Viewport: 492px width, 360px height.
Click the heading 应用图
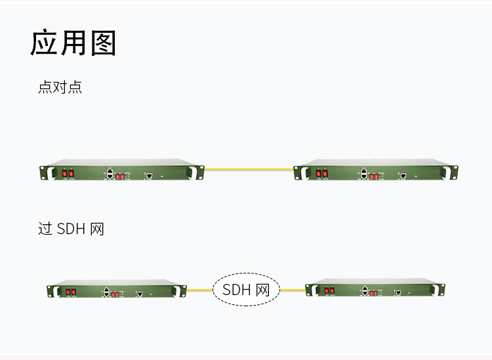click(x=73, y=43)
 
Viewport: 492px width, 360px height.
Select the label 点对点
click(x=60, y=87)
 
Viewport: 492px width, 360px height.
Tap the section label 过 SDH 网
click(x=71, y=229)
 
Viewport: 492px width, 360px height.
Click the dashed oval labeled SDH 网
click(x=246, y=289)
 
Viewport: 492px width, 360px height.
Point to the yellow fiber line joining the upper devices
click(x=249, y=169)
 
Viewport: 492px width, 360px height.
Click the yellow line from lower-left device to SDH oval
click(x=200, y=290)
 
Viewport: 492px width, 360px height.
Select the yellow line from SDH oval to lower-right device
click(x=293, y=290)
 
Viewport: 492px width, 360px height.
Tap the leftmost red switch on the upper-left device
click(x=65, y=173)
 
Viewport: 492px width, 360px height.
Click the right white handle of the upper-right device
click(x=446, y=173)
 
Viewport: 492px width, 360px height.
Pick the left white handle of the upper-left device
click(x=51, y=173)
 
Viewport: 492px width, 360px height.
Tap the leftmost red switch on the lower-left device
click(x=68, y=292)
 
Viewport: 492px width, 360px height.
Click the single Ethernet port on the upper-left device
click(x=150, y=175)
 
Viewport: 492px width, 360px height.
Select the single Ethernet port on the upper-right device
click(x=403, y=175)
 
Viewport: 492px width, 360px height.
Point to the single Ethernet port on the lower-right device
click(x=398, y=292)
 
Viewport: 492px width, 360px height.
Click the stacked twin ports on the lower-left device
click(x=106, y=292)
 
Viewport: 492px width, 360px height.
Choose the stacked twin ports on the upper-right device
click(x=363, y=173)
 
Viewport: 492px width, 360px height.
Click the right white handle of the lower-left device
click(x=176, y=292)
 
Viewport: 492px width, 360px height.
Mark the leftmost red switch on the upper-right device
click(x=318, y=173)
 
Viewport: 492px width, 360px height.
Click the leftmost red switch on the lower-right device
click(x=327, y=290)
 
